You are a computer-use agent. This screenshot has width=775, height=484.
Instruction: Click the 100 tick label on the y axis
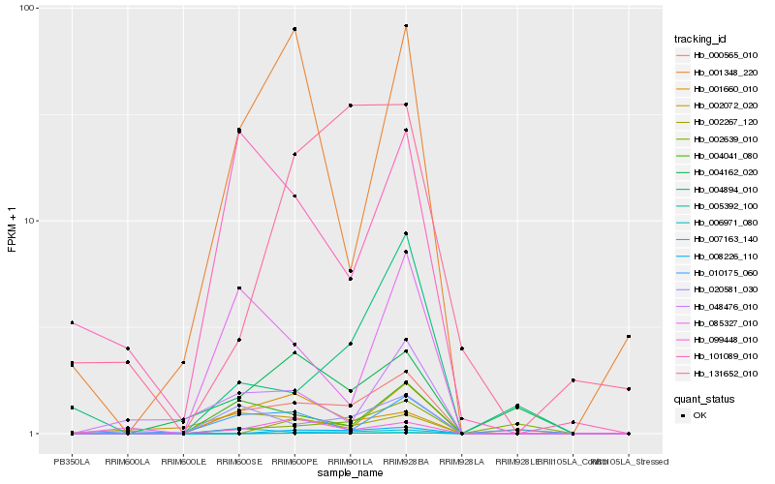[27, 8]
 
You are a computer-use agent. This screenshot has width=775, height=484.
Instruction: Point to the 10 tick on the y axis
[30, 221]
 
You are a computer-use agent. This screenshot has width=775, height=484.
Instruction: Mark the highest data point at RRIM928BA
[405, 26]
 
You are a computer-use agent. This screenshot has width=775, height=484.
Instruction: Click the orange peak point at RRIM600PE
[294, 29]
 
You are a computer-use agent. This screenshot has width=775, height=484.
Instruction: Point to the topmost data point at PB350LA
[72, 322]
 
